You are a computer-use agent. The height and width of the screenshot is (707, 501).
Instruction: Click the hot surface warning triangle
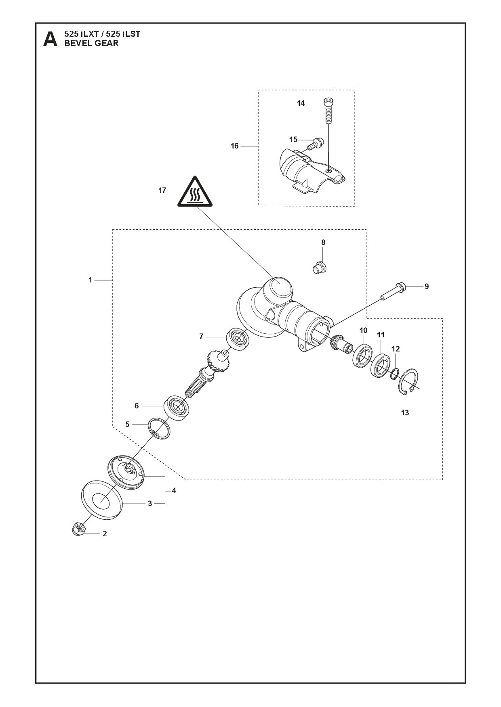(x=194, y=192)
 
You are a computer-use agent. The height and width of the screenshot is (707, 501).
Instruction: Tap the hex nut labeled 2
(x=78, y=529)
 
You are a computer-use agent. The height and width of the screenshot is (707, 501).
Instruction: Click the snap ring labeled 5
(x=159, y=429)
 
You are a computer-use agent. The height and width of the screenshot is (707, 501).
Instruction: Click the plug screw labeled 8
(x=320, y=268)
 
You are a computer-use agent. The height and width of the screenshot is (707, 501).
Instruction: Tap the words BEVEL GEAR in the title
(x=92, y=44)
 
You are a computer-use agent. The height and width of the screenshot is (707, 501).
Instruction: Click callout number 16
(x=235, y=146)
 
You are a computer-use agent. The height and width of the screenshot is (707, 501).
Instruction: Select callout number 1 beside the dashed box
(x=91, y=280)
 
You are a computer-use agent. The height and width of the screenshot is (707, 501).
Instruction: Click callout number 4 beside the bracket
(x=174, y=491)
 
